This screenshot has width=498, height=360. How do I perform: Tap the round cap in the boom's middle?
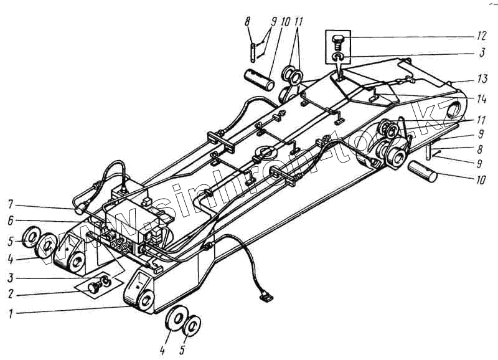tap(264, 152)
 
